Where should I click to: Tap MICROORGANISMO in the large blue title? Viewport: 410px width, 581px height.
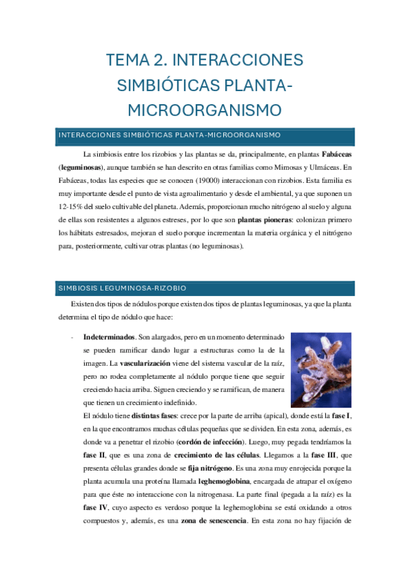205,110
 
